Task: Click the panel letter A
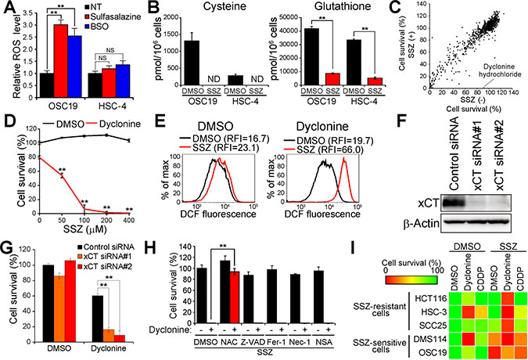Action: click(7, 8)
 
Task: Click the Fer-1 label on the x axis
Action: click(314, 343)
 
